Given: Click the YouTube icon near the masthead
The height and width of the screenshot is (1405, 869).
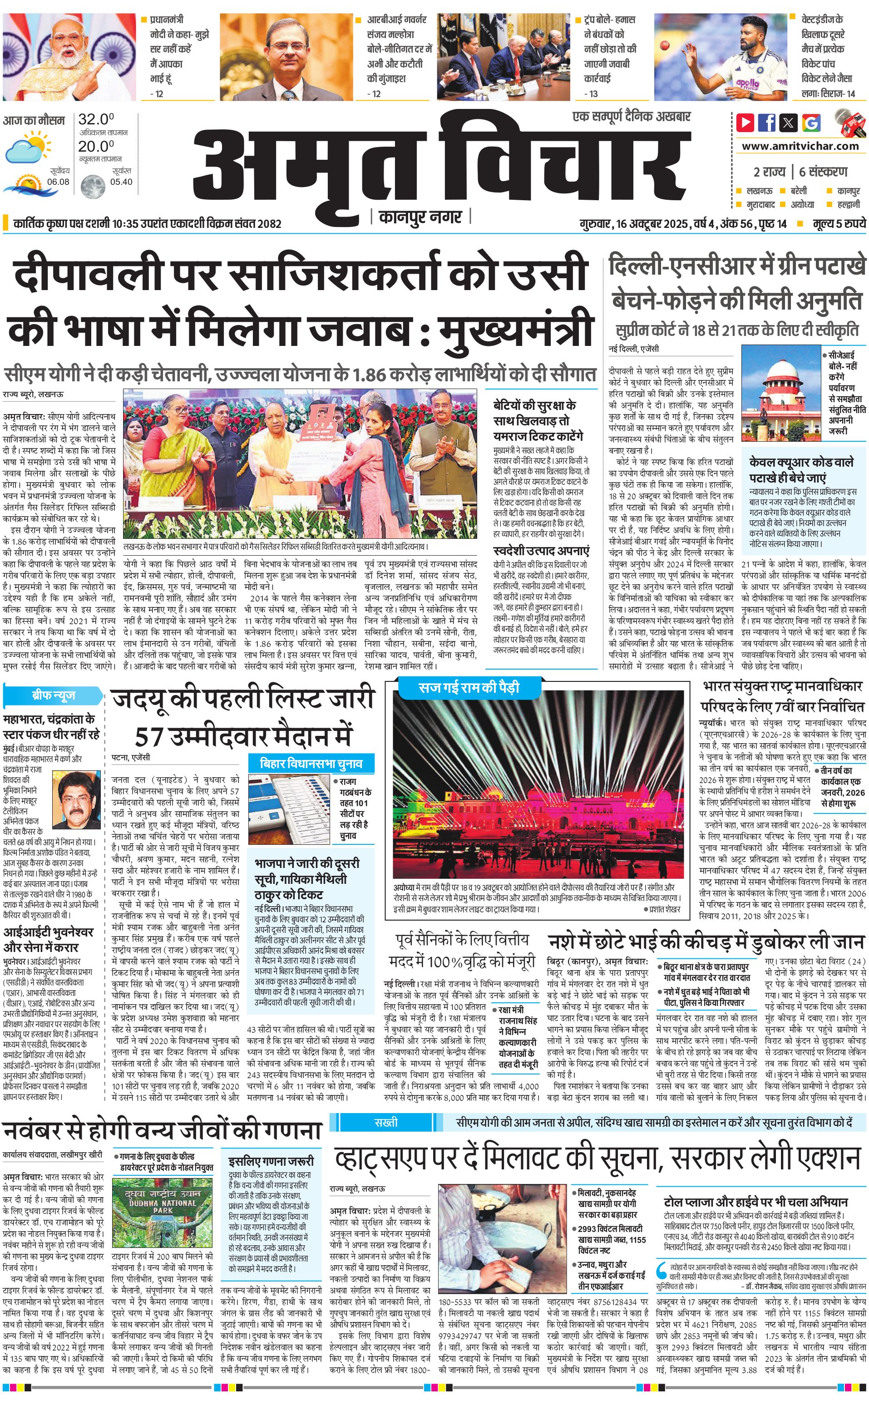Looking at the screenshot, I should pos(746,123).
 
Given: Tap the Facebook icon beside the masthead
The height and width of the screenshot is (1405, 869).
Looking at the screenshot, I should pos(767,123).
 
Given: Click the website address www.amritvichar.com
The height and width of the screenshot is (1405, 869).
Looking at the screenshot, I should pos(800,146).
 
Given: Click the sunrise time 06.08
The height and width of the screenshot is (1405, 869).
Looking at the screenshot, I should pos(58,182).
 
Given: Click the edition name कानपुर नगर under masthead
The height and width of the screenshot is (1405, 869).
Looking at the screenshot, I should pos(421,217).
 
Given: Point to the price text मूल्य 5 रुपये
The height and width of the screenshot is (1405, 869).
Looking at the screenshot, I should pos(839,223).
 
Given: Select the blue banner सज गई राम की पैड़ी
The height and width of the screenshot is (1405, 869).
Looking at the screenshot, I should pos(469,687).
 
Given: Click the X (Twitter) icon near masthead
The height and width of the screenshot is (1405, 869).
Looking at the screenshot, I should pos(789,123).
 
